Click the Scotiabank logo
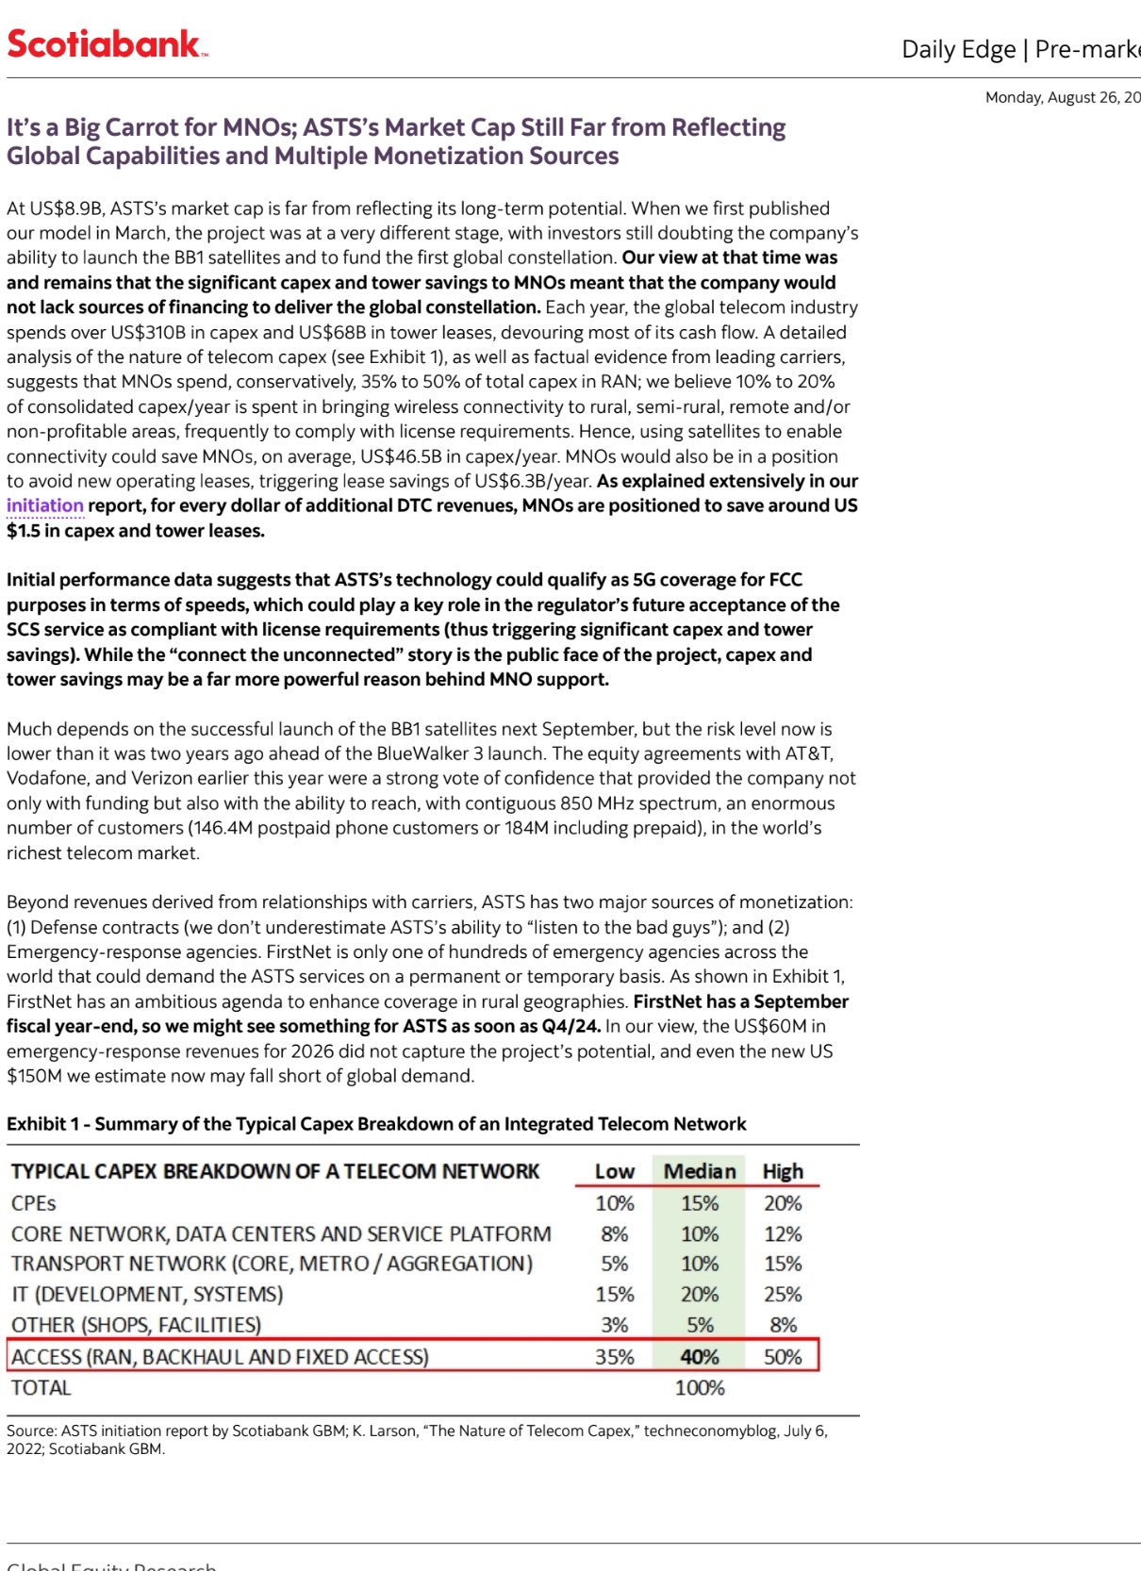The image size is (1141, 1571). tap(107, 43)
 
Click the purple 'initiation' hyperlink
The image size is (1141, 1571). tap(45, 505)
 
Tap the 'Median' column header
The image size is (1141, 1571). tap(699, 1171)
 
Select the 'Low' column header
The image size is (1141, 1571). tap(614, 1171)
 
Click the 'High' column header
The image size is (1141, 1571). tap(783, 1171)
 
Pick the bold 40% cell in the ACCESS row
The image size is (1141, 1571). tap(700, 1357)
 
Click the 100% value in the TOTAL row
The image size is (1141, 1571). tap(700, 1388)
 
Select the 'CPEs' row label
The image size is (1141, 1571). tap(34, 1203)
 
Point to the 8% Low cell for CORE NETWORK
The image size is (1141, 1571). tap(614, 1233)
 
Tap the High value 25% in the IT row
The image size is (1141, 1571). tap(783, 1295)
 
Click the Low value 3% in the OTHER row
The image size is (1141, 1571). tap(614, 1325)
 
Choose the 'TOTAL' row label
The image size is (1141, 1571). tap(41, 1388)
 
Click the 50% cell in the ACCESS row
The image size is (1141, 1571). tap(783, 1357)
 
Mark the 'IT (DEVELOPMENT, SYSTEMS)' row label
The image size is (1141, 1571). tap(147, 1295)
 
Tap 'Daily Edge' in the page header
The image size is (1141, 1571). tap(958, 49)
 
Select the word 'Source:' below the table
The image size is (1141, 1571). tap(31, 1430)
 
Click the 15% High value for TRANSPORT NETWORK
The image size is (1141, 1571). tap(783, 1264)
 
